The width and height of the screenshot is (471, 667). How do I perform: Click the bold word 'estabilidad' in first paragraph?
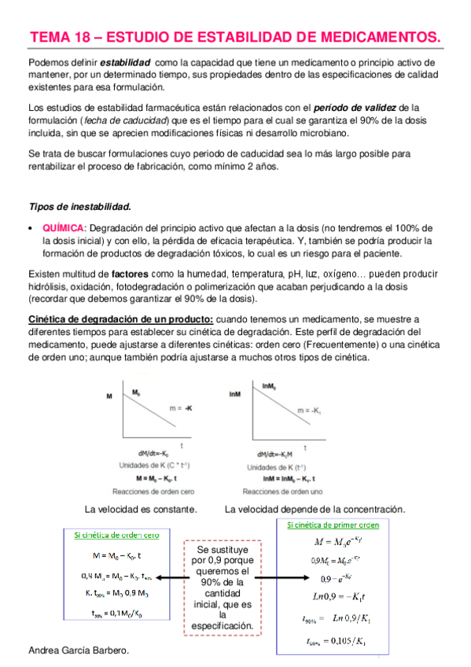pos(126,62)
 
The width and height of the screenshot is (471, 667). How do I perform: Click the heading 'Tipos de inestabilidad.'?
pos(79,207)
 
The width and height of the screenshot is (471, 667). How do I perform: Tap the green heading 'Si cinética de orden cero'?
pos(116,535)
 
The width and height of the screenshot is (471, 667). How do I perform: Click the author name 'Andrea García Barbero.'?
pos(77,652)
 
